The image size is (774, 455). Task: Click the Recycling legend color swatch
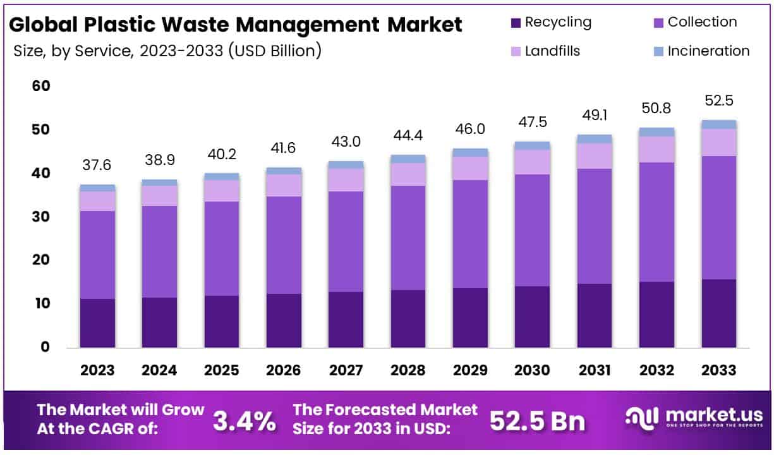pyautogui.click(x=515, y=23)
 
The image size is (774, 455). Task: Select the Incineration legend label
pyautogui.click(x=708, y=51)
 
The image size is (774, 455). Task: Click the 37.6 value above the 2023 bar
pyautogui.click(x=97, y=165)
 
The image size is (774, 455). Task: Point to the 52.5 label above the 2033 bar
pyautogui.click(x=719, y=101)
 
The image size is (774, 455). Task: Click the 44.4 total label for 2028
pyautogui.click(x=408, y=135)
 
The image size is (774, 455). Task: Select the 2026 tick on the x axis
pyautogui.click(x=284, y=370)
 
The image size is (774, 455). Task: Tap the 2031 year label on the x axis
pyautogui.click(x=594, y=370)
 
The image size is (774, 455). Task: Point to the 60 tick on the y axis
pyautogui.click(x=40, y=86)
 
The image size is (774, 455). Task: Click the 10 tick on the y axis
pyautogui.click(x=40, y=303)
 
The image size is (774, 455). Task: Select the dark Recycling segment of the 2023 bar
pyautogui.click(x=97, y=323)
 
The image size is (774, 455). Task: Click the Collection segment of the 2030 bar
pyautogui.click(x=532, y=230)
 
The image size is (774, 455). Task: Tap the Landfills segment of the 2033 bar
pyautogui.click(x=719, y=142)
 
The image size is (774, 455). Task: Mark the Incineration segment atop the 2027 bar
pyautogui.click(x=346, y=165)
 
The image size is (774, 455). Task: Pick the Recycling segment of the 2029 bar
pyautogui.click(x=470, y=317)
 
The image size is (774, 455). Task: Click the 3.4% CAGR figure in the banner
pyautogui.click(x=244, y=422)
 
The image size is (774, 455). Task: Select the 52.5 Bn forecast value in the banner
pyautogui.click(x=537, y=422)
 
